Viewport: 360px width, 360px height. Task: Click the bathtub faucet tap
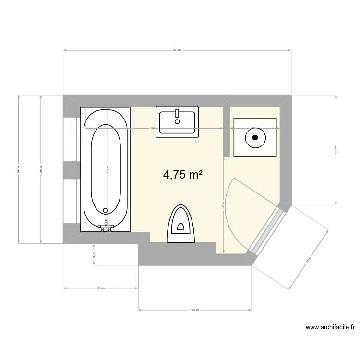click(x=106, y=226)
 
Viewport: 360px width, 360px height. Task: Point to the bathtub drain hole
click(x=106, y=210)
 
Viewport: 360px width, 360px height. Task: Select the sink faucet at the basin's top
click(x=177, y=113)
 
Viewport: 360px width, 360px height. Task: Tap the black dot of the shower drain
click(x=255, y=137)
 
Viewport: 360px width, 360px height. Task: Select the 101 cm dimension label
click(x=101, y=288)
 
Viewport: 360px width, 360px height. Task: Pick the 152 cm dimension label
click(x=194, y=310)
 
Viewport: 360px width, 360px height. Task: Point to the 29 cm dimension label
click(x=93, y=255)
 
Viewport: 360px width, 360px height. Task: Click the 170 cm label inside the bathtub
click(x=107, y=169)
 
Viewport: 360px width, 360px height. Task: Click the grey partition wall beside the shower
click(x=226, y=130)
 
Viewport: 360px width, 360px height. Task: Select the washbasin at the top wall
click(x=177, y=122)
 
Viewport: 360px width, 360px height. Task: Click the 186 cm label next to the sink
click(x=153, y=129)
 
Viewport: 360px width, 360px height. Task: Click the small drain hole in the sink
click(x=177, y=121)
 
